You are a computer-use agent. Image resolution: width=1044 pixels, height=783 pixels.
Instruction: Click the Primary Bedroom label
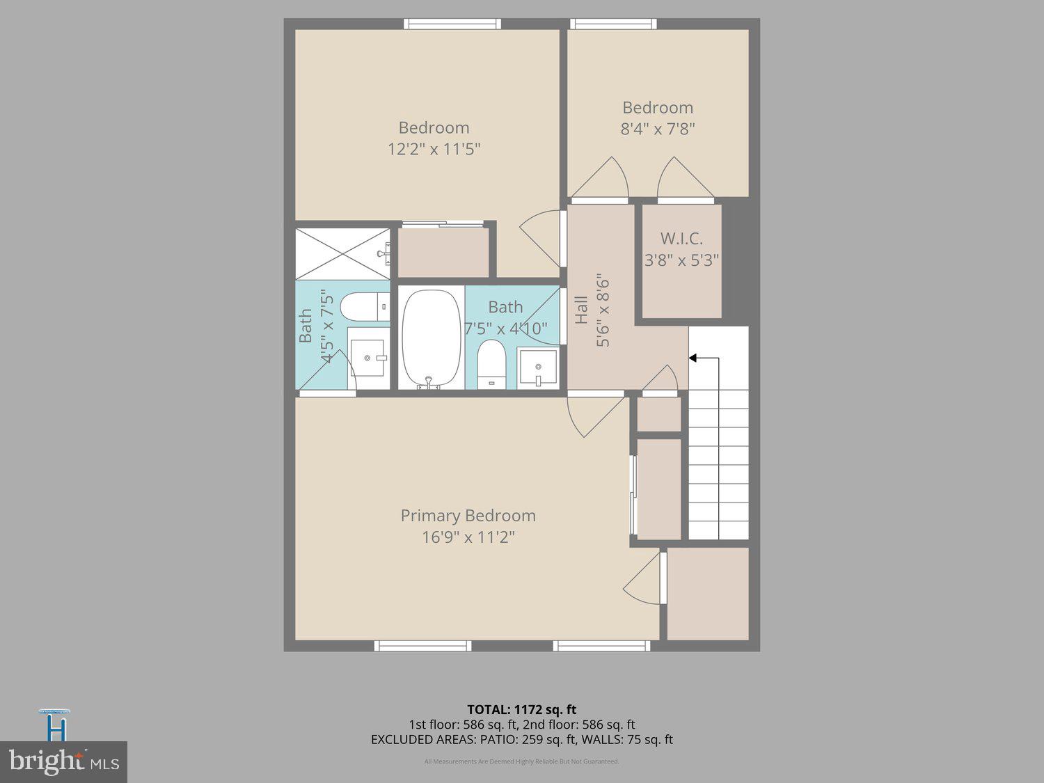(x=468, y=516)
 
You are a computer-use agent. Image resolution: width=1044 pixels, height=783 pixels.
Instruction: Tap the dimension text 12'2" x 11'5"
(x=434, y=149)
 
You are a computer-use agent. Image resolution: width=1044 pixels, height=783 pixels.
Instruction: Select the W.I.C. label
(x=681, y=239)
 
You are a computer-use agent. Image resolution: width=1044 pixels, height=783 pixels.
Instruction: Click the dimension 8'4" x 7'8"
(x=658, y=129)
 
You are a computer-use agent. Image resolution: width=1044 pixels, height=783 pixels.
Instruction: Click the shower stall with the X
(x=342, y=253)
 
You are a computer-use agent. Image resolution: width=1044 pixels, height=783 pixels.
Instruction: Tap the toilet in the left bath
(x=360, y=306)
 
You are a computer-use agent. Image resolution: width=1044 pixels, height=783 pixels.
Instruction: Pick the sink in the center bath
(x=537, y=367)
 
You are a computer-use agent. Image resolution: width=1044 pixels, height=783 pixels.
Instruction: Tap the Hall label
(x=582, y=310)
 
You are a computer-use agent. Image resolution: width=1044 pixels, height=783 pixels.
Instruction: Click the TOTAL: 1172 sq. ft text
(x=521, y=710)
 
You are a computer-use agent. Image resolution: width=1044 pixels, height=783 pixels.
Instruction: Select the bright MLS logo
(x=63, y=762)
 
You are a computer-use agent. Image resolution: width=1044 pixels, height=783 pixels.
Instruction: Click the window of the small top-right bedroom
(x=613, y=24)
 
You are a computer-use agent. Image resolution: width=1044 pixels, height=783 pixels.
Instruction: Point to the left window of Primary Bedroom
(x=422, y=646)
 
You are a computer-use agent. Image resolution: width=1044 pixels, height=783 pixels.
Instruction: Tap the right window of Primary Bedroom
(x=601, y=646)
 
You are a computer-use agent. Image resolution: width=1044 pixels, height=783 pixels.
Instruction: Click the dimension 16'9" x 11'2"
(x=468, y=537)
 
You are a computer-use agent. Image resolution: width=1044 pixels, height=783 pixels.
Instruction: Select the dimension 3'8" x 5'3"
(x=681, y=260)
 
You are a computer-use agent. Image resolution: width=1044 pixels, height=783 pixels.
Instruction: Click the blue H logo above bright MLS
(x=56, y=727)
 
